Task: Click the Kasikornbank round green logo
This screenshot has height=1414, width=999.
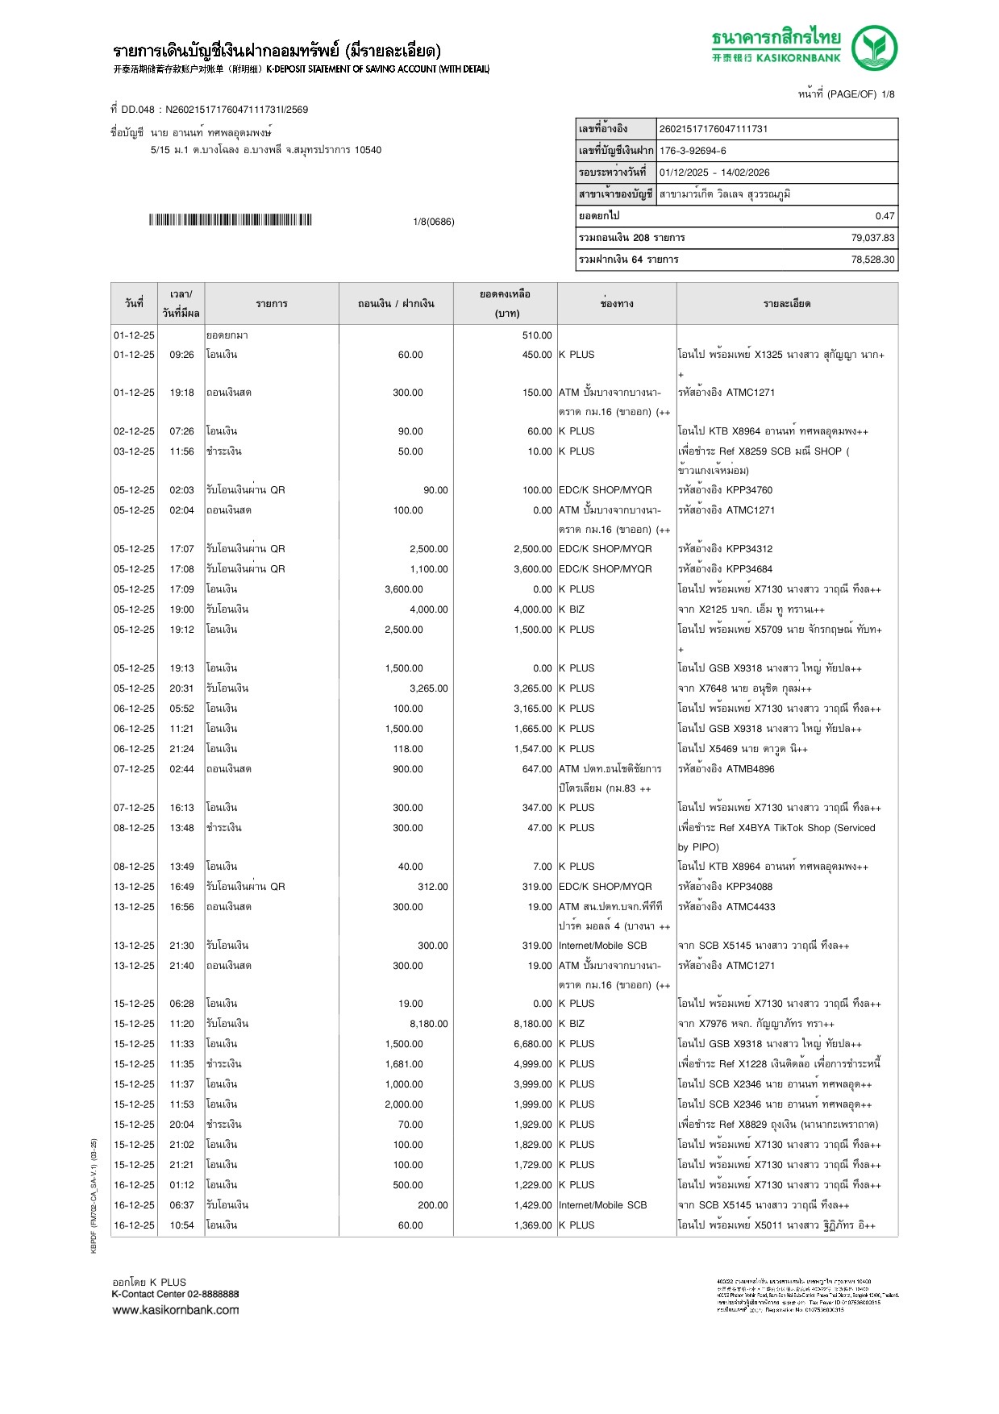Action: click(x=874, y=48)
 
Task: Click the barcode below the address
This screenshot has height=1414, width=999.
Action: click(x=230, y=220)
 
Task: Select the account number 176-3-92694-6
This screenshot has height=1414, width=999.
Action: click(x=693, y=151)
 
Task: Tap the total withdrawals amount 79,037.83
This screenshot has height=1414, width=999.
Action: click(x=872, y=238)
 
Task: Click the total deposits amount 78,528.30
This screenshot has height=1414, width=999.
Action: click(x=872, y=260)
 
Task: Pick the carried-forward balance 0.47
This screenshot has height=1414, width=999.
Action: click(x=885, y=216)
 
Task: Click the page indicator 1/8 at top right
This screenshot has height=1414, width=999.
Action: click(x=888, y=94)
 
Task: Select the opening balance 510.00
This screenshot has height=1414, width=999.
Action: click(x=537, y=335)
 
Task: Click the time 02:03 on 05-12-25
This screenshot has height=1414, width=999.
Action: click(x=181, y=490)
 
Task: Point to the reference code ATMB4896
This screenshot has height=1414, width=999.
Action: click(x=750, y=769)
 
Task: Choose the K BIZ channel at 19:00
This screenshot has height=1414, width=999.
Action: click(x=572, y=609)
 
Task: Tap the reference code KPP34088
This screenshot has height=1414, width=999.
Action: click(x=748, y=887)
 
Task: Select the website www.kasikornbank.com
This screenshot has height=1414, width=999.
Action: click(x=176, y=1310)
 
